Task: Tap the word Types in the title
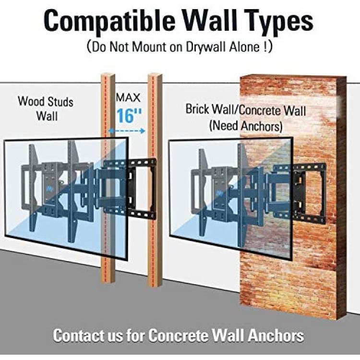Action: point(279,22)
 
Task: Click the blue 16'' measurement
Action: point(129,115)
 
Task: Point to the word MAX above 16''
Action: point(128,97)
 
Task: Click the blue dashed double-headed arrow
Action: point(127,131)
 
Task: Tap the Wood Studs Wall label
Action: point(46,108)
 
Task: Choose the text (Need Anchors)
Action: point(246,126)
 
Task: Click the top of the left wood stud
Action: point(108,75)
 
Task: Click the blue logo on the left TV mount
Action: point(49,189)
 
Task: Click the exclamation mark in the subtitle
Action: point(265,47)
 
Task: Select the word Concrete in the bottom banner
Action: point(176,336)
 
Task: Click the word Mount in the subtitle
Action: point(149,47)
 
